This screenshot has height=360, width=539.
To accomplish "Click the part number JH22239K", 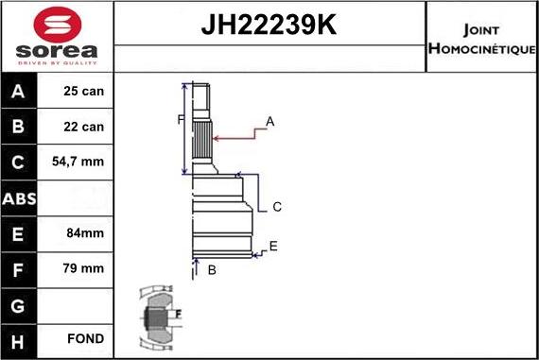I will [x=269, y=23].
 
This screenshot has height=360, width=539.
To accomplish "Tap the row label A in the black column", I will [x=19, y=93].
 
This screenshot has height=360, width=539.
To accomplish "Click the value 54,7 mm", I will [x=78, y=163].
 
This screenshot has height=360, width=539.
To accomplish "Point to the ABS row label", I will [x=19, y=197].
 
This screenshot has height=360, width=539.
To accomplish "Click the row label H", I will [x=19, y=338].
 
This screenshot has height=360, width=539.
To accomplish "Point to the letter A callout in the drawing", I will [x=269, y=122].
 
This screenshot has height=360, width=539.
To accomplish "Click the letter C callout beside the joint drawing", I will [x=277, y=207].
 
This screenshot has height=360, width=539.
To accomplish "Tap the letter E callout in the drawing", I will [x=273, y=247].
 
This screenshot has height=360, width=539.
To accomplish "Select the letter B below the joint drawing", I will [x=212, y=270].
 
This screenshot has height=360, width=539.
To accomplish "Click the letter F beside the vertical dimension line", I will [x=180, y=119].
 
